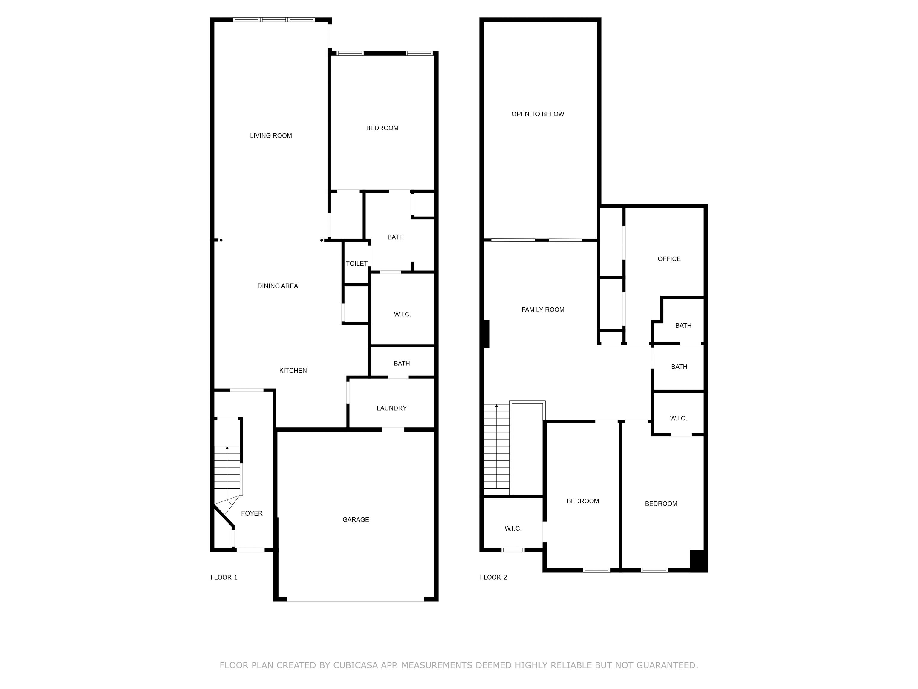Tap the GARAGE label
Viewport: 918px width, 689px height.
[356, 519]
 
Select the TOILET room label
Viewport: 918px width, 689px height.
[357, 263]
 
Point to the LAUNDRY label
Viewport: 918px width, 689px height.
[391, 408]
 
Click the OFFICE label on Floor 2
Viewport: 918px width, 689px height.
[669, 259]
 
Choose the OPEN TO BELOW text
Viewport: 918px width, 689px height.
[538, 114]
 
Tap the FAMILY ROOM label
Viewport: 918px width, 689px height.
[543, 310]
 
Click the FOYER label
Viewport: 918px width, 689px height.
[252, 513]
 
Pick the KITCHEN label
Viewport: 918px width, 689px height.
[293, 371]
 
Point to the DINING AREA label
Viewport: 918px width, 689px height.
[278, 286]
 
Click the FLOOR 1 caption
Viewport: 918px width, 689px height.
[224, 577]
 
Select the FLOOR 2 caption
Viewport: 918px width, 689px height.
[493, 577]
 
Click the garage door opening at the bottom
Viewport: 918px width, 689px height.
[355, 599]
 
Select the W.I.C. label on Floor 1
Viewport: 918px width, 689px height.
[402, 314]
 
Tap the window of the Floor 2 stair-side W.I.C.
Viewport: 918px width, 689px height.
[513, 550]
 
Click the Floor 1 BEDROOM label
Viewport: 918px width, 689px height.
[382, 128]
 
